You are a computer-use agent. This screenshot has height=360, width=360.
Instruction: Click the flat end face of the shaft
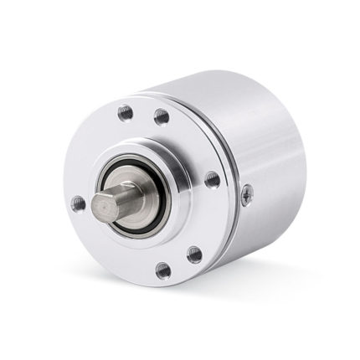click(103, 203)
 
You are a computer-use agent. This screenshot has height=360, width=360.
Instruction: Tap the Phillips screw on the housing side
click(246, 197)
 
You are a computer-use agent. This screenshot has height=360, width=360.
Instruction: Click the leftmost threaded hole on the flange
click(77, 202)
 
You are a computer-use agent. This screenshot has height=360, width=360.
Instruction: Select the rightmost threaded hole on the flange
click(213, 179)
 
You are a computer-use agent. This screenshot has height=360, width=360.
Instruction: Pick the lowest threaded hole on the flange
click(162, 270)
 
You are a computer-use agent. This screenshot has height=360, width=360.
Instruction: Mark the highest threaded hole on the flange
click(125, 111)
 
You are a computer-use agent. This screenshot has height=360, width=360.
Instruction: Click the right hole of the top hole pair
click(162, 116)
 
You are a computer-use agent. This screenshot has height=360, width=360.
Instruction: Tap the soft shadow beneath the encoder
click(251, 280)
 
